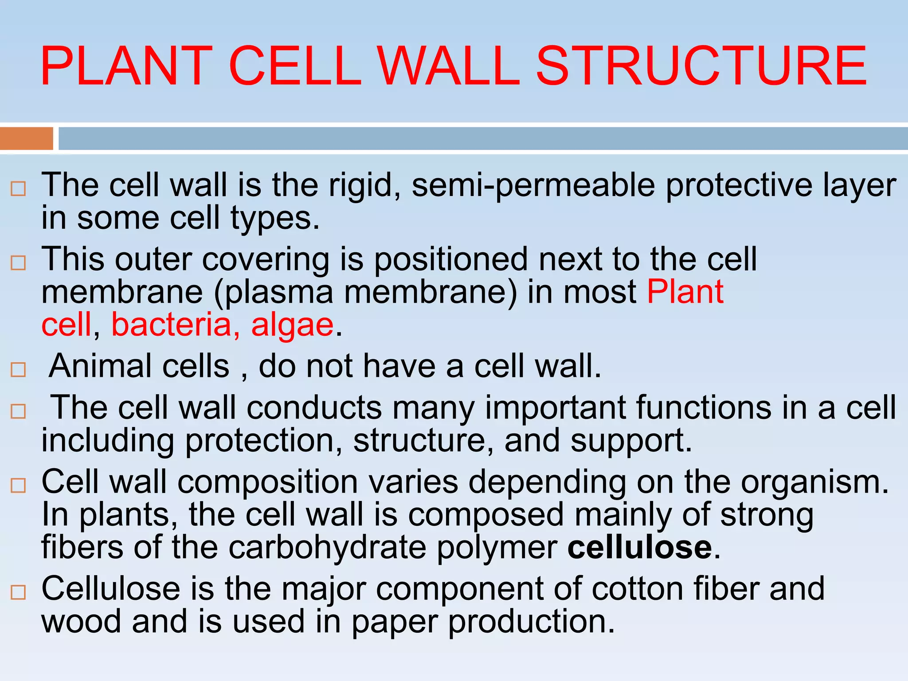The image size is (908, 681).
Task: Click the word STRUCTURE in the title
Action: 701,67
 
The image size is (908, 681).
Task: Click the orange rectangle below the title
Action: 26,138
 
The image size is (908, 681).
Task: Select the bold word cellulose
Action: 640,548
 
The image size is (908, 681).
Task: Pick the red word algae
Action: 292,325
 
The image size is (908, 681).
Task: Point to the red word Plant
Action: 685,292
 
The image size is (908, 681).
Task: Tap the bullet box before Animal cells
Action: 18,369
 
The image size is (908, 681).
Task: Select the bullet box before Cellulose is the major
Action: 18,592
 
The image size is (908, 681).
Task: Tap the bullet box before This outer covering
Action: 18,263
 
